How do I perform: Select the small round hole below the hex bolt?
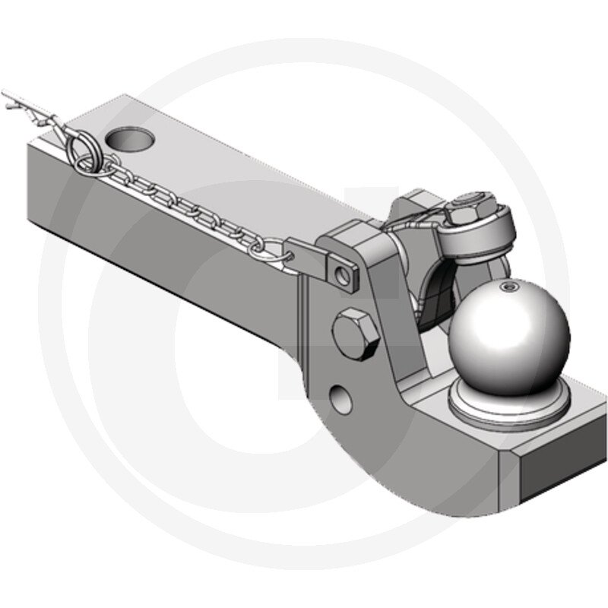343,398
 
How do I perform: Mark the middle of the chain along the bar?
190,206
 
